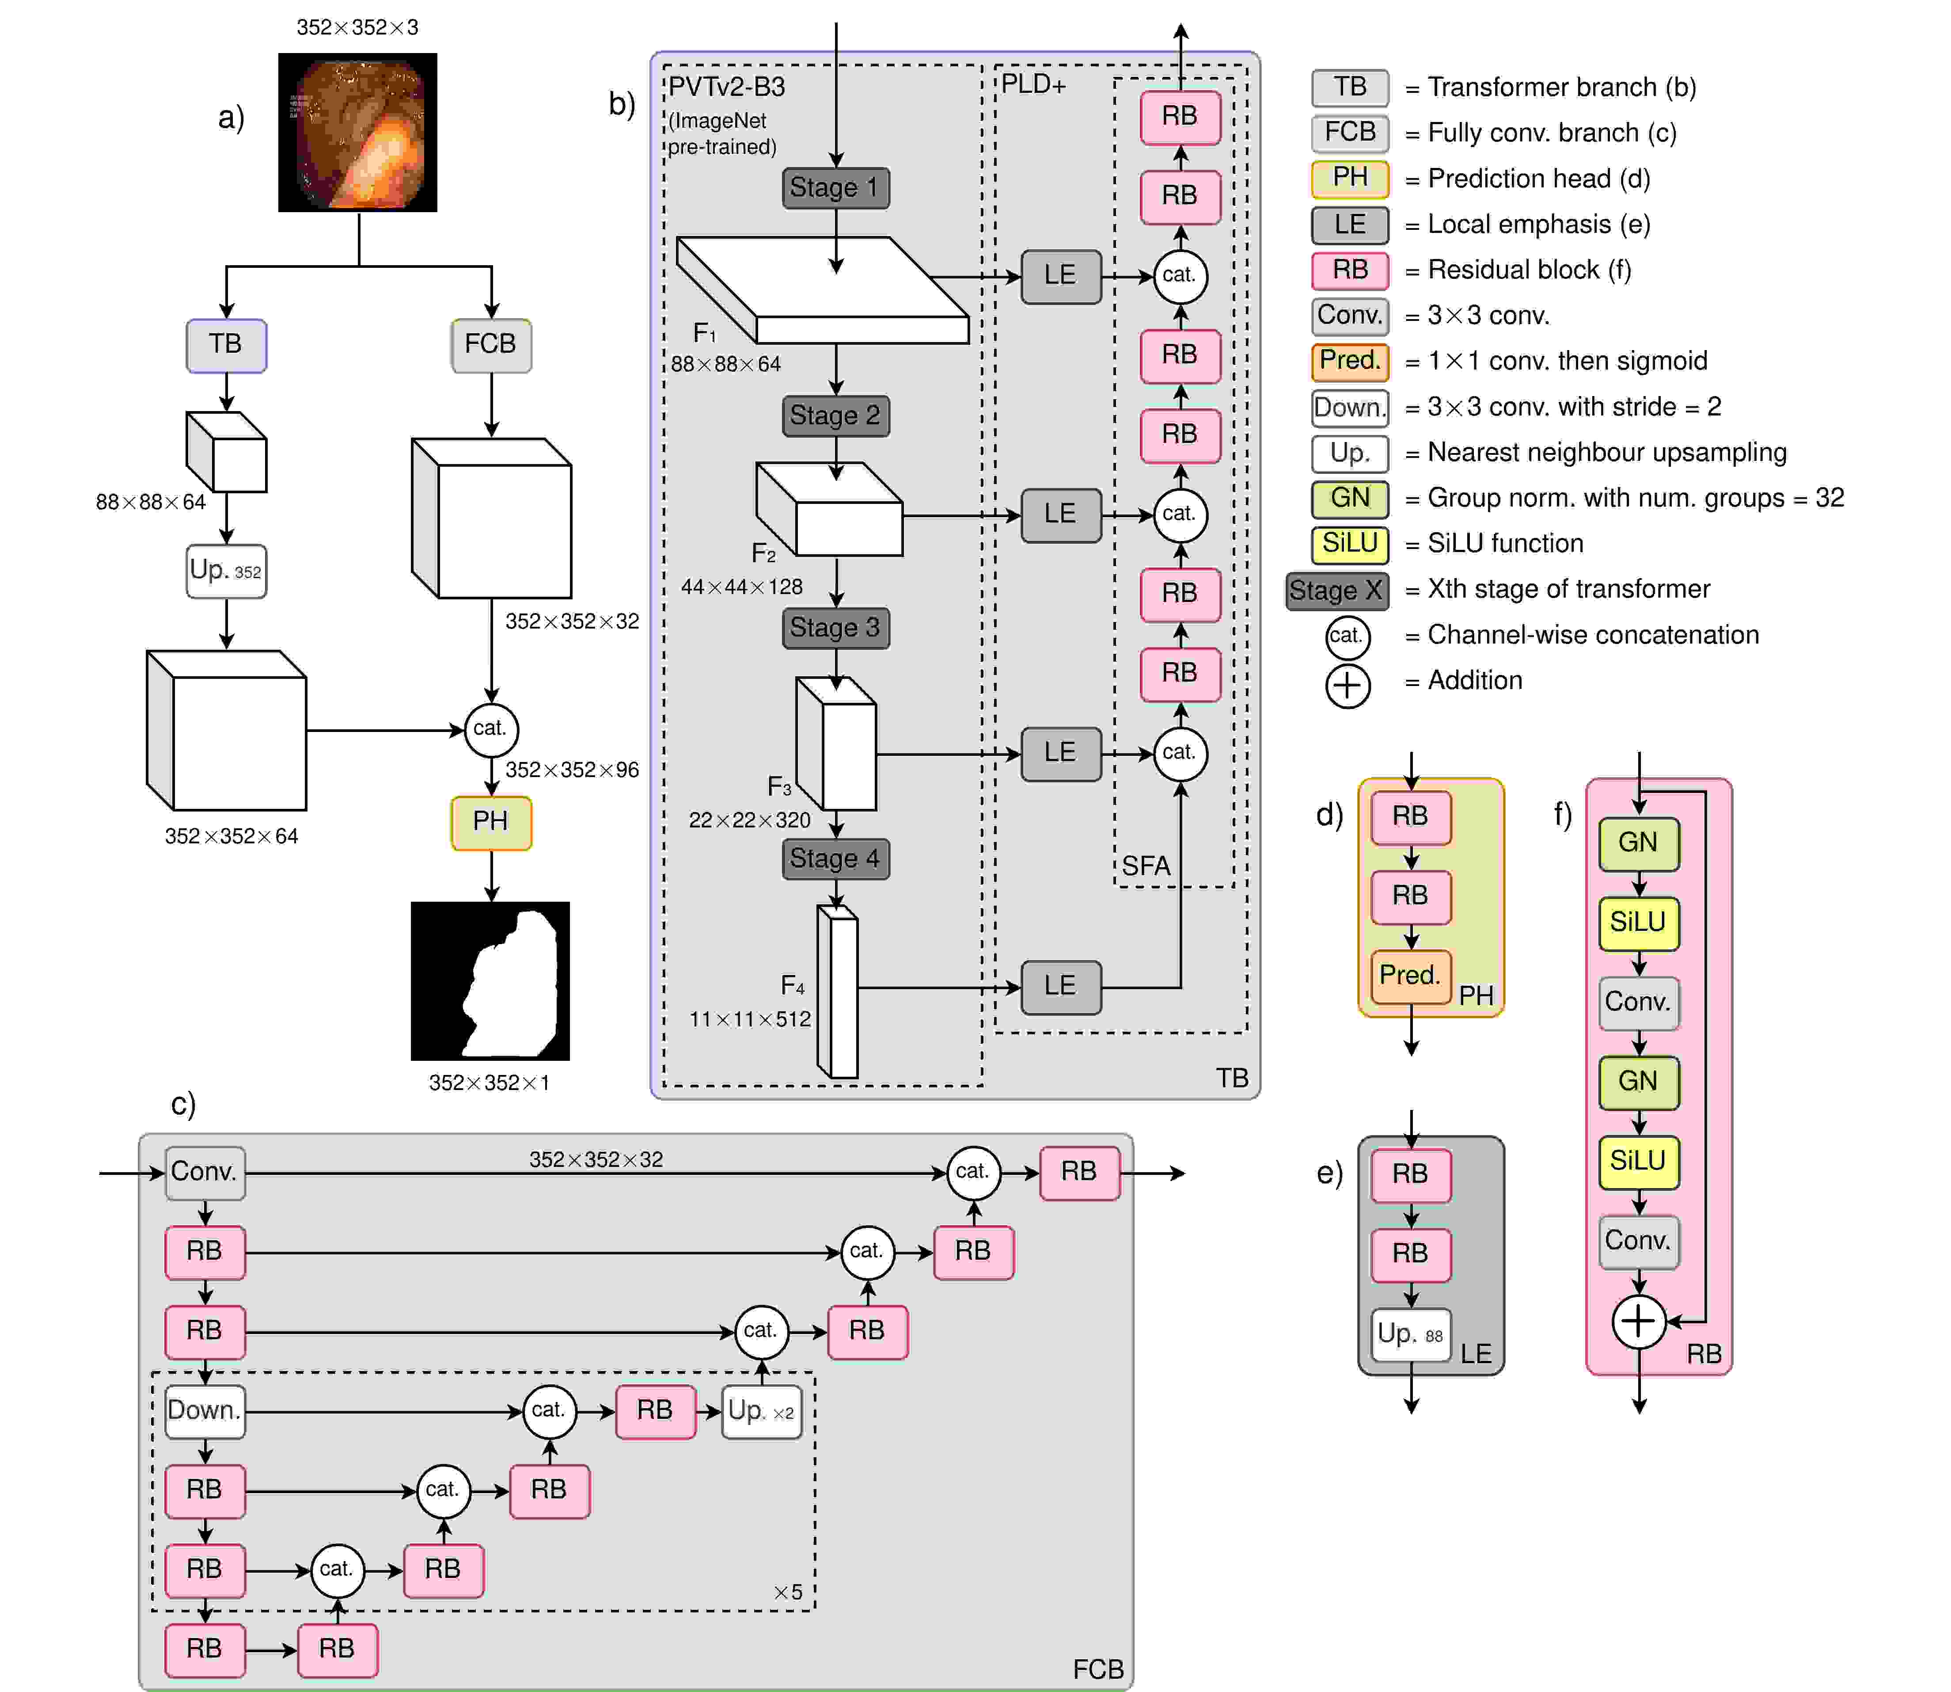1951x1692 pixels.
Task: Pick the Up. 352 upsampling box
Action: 226,571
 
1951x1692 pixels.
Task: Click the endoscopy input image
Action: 358,132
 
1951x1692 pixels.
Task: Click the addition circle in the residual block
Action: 1639,1321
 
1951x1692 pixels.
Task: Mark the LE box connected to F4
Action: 1061,987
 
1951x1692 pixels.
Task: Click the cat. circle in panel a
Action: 491,729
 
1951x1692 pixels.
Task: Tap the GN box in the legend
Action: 1350,499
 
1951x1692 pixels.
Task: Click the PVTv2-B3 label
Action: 727,87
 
